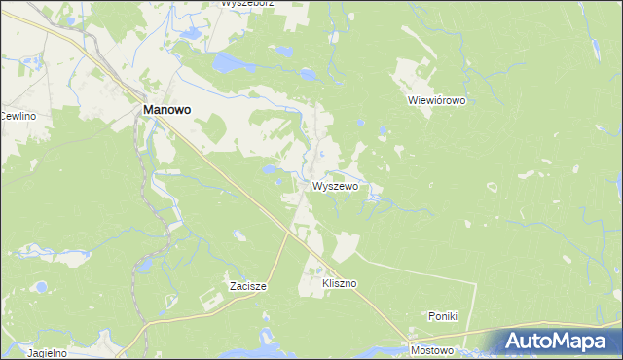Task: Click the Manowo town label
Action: (x=166, y=111)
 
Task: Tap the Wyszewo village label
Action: (x=336, y=185)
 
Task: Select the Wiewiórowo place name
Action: (x=437, y=100)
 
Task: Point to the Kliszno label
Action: (x=340, y=283)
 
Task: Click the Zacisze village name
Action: (x=247, y=286)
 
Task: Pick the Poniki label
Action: (x=443, y=316)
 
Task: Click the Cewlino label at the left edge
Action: (x=18, y=117)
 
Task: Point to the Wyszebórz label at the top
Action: (x=246, y=4)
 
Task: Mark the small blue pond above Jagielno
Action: (x=41, y=288)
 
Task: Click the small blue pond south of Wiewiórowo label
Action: (x=382, y=129)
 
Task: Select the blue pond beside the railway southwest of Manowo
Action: (x=143, y=265)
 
